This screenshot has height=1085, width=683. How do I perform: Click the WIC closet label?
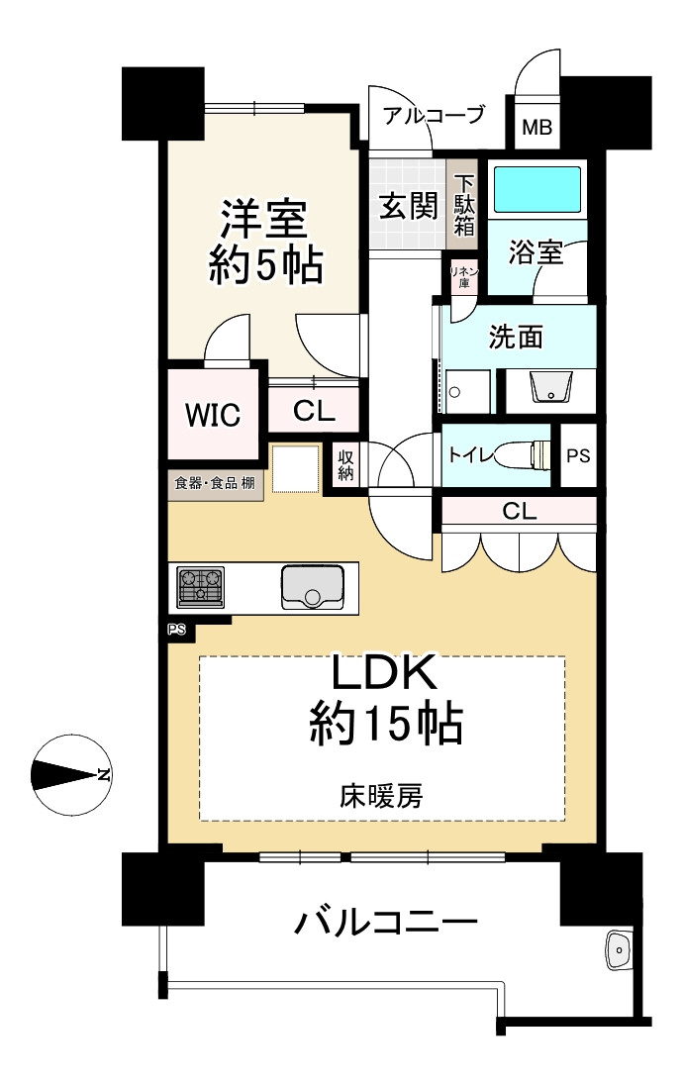213,415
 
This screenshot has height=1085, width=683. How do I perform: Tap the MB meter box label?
537,128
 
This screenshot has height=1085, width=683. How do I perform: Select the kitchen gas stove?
200,587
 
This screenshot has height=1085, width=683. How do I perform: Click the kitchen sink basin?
313,587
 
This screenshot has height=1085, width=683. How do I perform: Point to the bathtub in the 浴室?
537,189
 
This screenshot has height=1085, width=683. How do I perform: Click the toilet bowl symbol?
533,455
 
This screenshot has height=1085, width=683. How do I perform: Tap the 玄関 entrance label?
409,206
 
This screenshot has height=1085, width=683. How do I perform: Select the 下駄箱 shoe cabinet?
463,205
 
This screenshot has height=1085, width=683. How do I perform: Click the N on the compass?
104,774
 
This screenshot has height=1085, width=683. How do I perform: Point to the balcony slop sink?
618,949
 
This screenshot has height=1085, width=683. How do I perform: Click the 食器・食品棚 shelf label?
215,482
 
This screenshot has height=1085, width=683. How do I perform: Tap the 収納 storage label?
345,465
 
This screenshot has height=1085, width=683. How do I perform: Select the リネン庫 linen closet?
464,277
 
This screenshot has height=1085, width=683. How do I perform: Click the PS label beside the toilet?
578,456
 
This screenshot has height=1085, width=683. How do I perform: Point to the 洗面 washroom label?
516,337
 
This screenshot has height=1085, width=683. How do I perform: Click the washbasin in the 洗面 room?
551,387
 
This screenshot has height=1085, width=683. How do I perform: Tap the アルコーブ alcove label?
434,114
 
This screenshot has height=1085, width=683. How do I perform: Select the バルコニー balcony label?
385,923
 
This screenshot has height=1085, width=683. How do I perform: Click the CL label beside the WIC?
314,411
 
